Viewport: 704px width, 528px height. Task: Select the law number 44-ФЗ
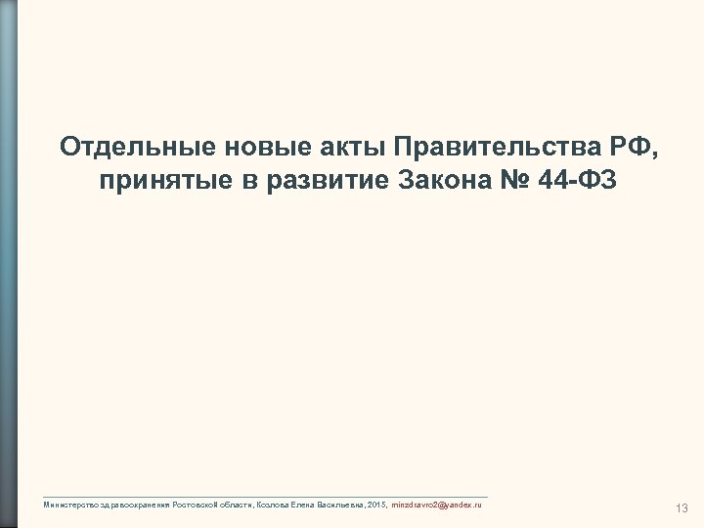pos(577,182)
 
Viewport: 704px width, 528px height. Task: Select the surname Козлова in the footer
pos(270,502)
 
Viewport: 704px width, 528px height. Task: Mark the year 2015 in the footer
pos(376,502)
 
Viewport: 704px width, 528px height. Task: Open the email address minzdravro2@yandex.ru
pos(435,502)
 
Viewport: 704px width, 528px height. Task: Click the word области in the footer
pos(236,502)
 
